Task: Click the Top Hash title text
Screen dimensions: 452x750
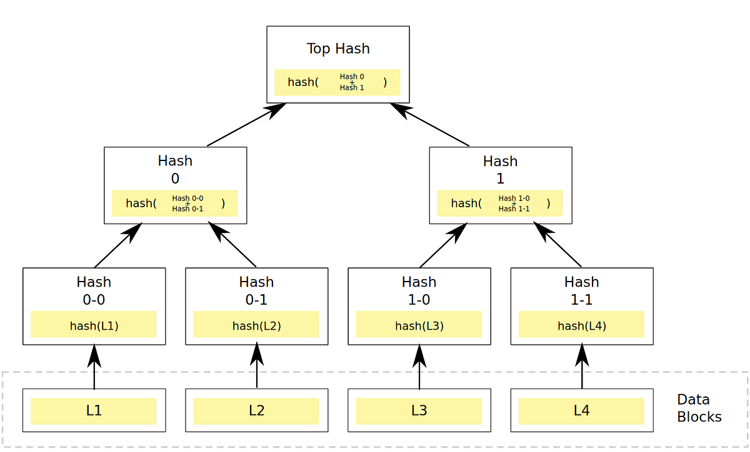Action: (338, 49)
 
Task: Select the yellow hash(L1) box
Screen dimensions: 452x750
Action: (94, 325)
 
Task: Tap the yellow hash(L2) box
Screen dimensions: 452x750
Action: (256, 325)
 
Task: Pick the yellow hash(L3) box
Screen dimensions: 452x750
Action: (419, 325)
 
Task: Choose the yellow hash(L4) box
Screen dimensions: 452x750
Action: (581, 325)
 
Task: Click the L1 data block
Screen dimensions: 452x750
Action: (94, 411)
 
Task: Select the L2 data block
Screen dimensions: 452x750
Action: (256, 411)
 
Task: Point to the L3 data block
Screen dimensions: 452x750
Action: (419, 411)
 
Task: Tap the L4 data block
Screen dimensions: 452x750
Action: (581, 411)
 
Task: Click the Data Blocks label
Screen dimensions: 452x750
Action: (699, 408)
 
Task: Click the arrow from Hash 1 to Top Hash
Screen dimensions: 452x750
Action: (430, 125)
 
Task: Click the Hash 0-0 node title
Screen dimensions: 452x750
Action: (94, 290)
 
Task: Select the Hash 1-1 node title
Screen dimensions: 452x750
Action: (581, 290)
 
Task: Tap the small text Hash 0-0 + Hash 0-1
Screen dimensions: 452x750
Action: (187, 204)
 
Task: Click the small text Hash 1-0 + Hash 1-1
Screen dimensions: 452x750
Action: (514, 204)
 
